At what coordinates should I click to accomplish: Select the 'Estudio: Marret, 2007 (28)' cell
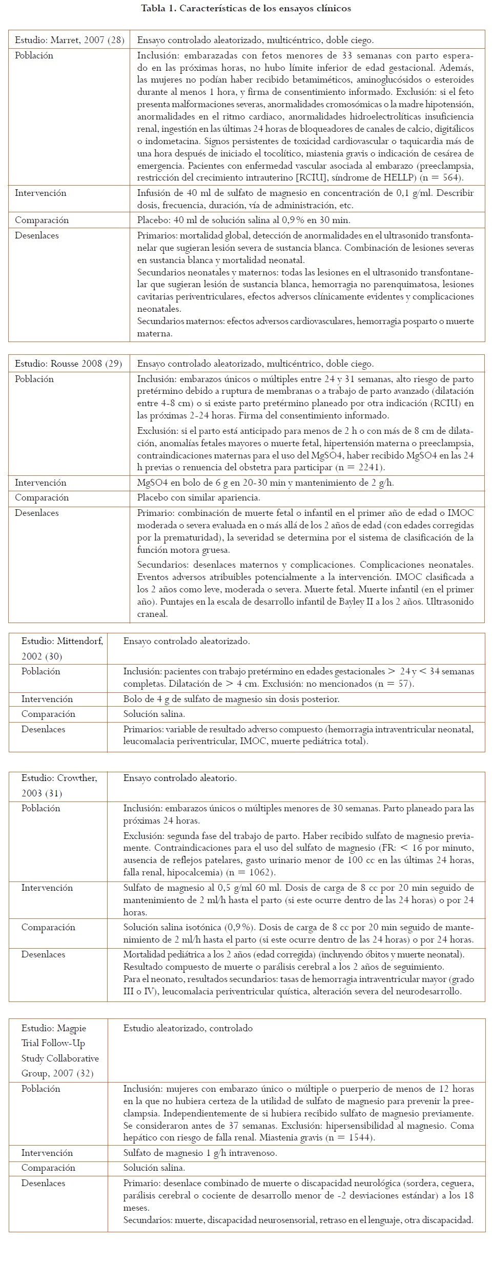pyautogui.click(x=69, y=40)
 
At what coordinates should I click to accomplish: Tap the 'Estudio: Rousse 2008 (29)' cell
pyautogui.click(x=68, y=364)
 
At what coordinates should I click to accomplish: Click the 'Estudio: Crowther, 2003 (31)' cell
pyautogui.click(x=59, y=786)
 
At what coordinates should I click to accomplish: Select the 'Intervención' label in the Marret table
pyautogui.click(x=40, y=193)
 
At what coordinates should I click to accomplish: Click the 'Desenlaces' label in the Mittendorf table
pyautogui.click(x=43, y=729)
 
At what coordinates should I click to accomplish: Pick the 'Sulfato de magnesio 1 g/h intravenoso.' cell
pyautogui.click(x=200, y=1153)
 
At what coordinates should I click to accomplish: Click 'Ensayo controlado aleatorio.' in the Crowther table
pyautogui.click(x=180, y=778)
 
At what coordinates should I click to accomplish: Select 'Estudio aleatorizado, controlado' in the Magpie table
pyautogui.click(x=188, y=1028)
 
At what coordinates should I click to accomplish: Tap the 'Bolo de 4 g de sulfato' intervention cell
pyautogui.click(x=231, y=699)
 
